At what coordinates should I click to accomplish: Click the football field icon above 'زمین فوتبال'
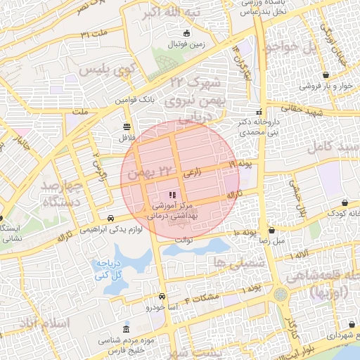pos(186,33)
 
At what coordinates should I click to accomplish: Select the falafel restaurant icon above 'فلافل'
pos(126,127)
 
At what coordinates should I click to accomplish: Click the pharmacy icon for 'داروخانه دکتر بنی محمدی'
pos(259,111)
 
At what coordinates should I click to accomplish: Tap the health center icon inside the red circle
pos(172,195)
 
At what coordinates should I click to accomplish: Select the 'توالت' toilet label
pos(184,239)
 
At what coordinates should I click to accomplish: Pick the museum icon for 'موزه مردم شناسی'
pos(126,330)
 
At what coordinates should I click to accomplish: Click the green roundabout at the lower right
pos(281,294)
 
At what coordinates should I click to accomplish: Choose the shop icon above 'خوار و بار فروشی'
pos(326,75)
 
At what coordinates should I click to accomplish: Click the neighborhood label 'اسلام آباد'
pos(44,323)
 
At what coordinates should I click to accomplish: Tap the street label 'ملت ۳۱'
pos(94,34)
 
